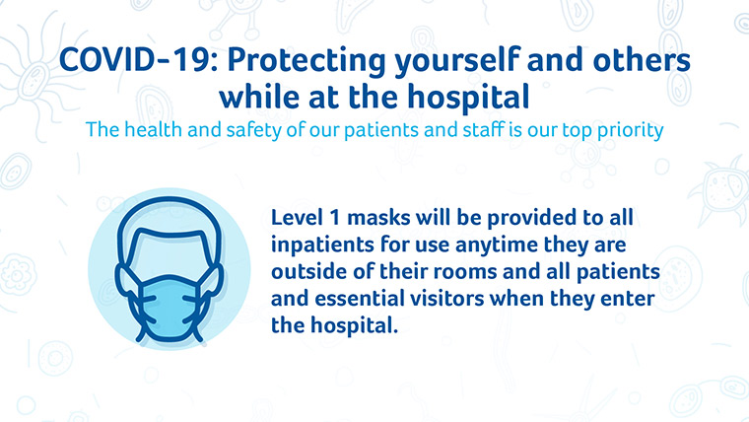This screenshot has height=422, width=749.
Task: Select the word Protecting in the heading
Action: tap(306, 61)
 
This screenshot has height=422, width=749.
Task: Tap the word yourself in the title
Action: tap(457, 61)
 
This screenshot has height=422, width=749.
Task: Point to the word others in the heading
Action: tap(642, 60)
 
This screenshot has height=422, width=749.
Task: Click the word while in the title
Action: tap(258, 97)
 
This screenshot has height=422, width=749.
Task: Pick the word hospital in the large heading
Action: tap(468, 98)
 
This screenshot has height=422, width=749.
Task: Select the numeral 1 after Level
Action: tap(334, 218)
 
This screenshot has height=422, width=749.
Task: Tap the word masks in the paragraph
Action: tap(378, 218)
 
